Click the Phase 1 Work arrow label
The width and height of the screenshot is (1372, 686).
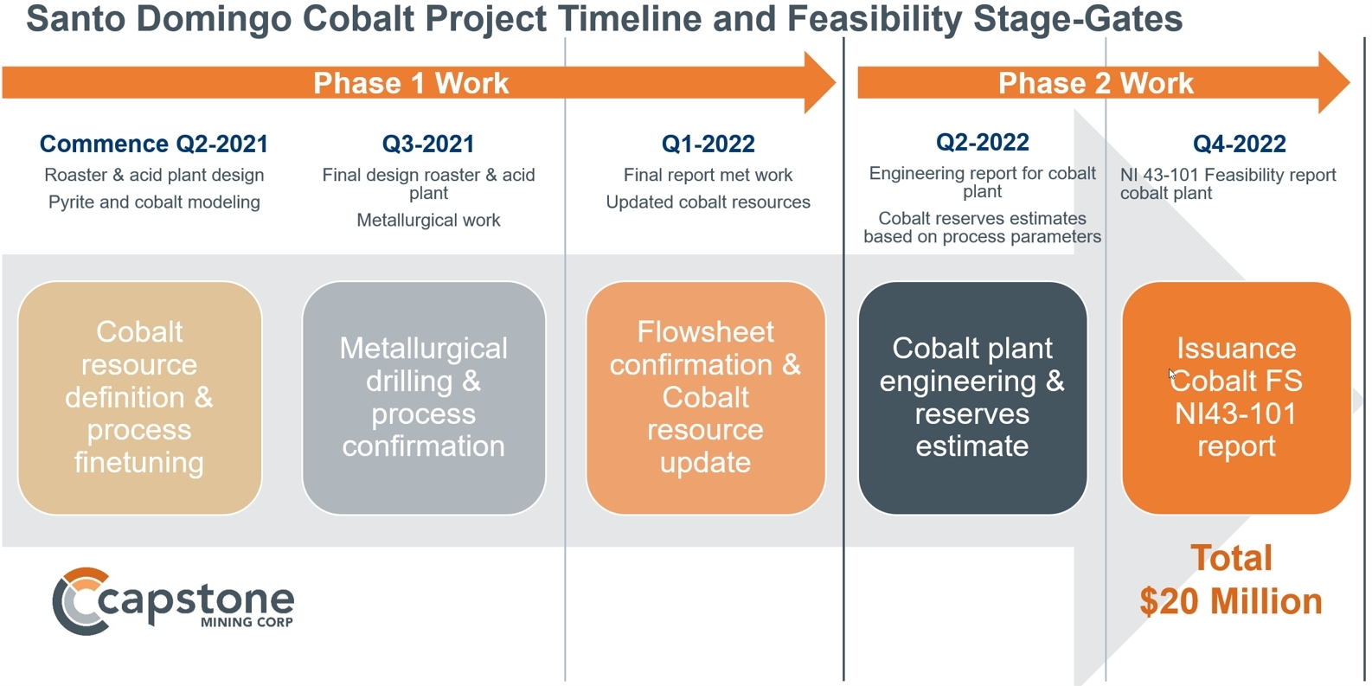[x=411, y=83]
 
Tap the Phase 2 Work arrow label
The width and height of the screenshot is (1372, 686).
[x=1095, y=83]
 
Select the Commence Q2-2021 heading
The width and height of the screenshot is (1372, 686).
[x=154, y=144]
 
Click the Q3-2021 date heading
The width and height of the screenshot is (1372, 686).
[x=428, y=144]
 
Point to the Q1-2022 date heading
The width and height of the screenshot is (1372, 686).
[x=708, y=144]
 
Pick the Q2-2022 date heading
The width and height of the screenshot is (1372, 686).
[x=982, y=142]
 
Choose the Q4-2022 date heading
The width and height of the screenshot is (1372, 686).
[x=1239, y=144]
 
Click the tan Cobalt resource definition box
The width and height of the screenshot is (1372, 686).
[x=139, y=397]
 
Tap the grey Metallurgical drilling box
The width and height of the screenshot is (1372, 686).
[x=423, y=397]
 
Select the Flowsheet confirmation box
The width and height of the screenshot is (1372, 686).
[x=705, y=397]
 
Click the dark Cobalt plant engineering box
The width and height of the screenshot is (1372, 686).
[x=971, y=397]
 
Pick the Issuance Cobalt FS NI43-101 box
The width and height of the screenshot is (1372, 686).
[x=1235, y=397]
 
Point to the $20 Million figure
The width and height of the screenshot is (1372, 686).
[x=1230, y=601]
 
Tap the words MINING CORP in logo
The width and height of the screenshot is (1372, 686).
[x=247, y=622]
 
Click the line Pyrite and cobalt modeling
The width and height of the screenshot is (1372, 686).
[x=154, y=202]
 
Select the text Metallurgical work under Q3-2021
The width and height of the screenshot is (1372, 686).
[x=428, y=220]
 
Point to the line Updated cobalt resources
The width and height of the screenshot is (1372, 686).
[x=708, y=202]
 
